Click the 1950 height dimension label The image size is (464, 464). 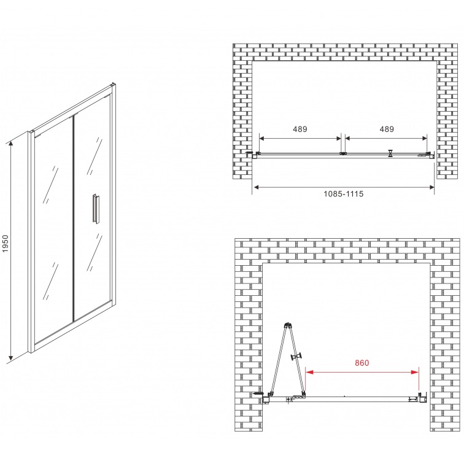click(6, 243)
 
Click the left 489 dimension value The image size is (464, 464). click(300, 129)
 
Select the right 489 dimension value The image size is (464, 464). click(387, 129)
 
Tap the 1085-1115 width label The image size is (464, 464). click(343, 194)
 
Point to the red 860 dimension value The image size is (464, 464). click(362, 363)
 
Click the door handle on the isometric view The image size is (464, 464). click(96, 208)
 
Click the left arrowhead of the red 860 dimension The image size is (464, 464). click(309, 372)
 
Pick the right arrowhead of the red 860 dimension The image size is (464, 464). click(415, 372)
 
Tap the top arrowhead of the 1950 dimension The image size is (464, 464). click(11, 145)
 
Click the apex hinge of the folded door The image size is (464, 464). click(288, 325)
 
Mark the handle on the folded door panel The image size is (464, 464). click(296, 356)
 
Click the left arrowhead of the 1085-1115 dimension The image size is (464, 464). click(257, 187)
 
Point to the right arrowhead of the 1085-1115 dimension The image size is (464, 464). click(431, 187)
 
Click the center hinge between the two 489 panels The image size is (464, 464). click(343, 153)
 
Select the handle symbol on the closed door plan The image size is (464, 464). click(391, 153)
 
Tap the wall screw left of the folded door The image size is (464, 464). click(258, 393)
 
